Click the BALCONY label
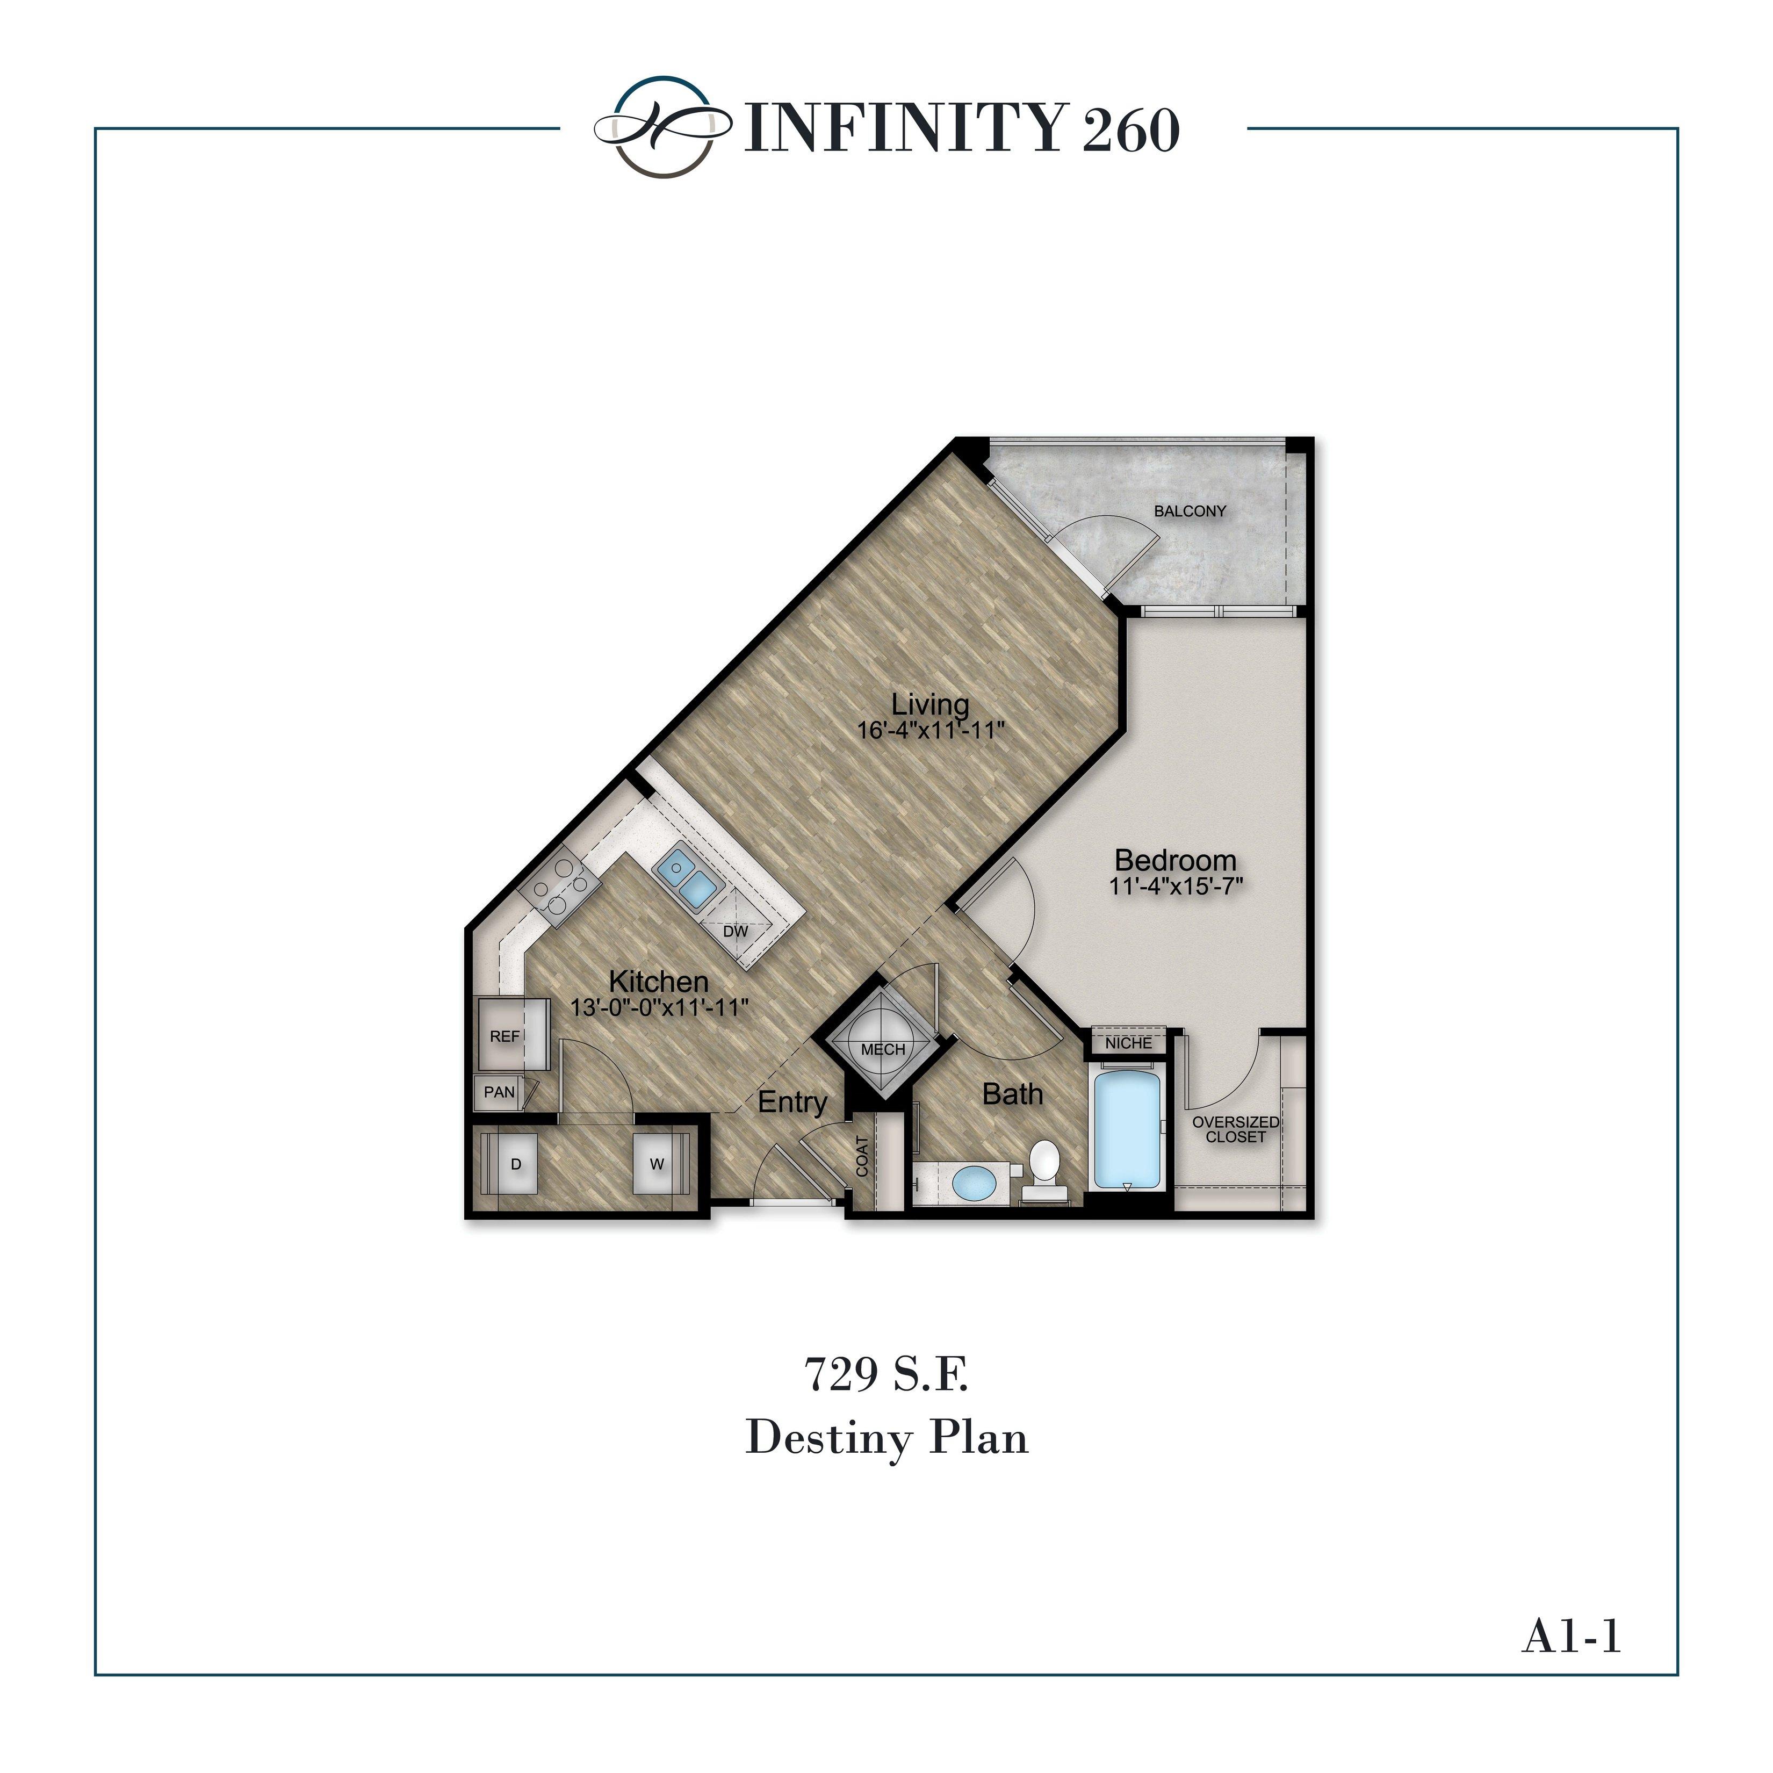1190,511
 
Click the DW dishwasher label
735,931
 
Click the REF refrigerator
504,1036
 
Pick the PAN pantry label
499,1092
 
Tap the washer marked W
657,1164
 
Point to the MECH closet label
883,1049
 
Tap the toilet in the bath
1044,1165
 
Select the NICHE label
1128,1042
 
